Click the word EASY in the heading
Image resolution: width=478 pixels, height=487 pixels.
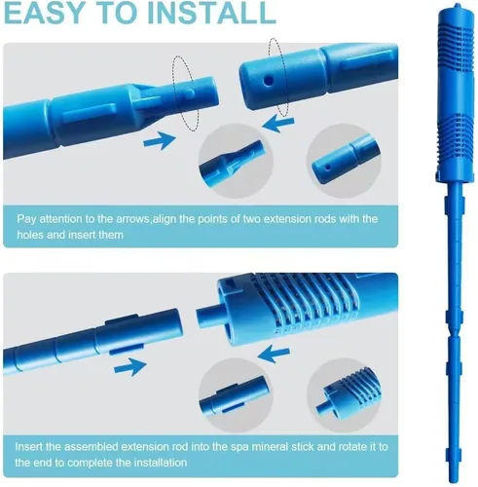click(45, 13)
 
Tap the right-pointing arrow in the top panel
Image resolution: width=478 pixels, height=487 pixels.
click(160, 140)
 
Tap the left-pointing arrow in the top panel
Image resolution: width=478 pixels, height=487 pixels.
click(278, 124)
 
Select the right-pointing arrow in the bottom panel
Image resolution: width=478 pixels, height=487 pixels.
click(130, 367)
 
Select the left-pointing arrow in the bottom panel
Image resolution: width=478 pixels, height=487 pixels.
click(274, 354)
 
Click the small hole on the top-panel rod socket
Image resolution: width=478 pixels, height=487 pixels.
click(268, 81)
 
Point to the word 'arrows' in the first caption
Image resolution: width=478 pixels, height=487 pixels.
click(132, 219)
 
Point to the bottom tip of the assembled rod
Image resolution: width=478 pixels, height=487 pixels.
click(453, 481)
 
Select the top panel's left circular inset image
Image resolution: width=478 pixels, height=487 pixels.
click(236, 161)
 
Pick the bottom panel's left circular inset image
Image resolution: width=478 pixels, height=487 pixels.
click(236, 395)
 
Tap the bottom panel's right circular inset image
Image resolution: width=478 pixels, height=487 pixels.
click(345, 395)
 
